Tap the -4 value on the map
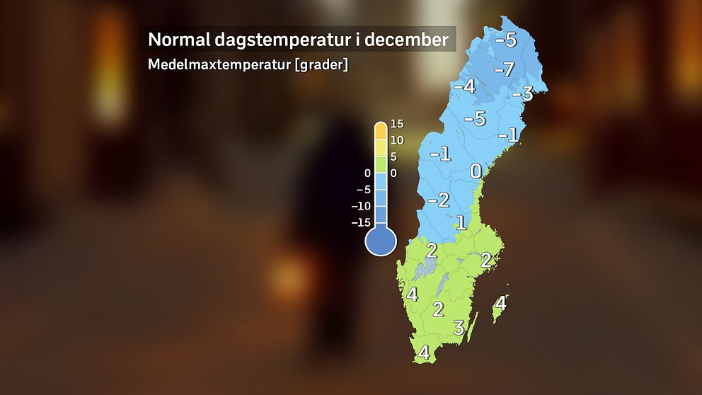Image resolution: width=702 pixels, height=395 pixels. [464, 87]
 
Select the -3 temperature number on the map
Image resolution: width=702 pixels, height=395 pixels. [522, 94]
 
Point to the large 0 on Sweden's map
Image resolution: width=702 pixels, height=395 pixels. [476, 172]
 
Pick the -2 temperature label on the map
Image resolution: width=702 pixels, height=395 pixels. [439, 200]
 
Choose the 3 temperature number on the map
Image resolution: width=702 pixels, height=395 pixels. [459, 328]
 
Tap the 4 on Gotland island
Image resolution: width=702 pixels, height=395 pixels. [500, 304]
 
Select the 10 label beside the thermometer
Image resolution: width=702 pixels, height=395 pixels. [396, 140]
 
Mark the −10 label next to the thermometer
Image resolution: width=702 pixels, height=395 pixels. [362, 206]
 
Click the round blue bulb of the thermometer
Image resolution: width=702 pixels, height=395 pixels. [380, 241]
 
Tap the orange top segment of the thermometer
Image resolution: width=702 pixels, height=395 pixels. [381, 130]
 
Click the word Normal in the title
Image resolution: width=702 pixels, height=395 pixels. [178, 39]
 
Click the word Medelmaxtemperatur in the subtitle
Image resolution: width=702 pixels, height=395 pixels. [221, 64]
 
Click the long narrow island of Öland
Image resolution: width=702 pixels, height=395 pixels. [473, 325]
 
